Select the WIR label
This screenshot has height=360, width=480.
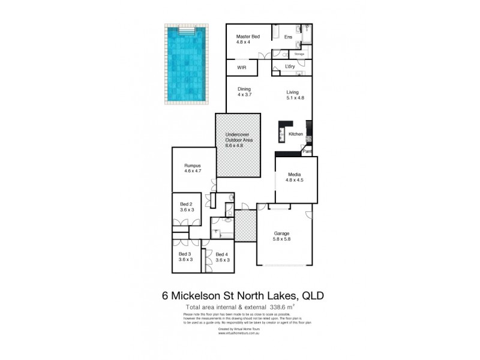[242, 68]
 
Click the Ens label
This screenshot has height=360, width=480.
[288, 37]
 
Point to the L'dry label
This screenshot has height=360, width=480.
[290, 66]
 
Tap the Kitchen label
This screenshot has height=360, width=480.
[296, 134]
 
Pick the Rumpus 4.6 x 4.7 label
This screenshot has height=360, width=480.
[192, 168]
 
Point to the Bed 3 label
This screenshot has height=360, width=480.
[186, 257]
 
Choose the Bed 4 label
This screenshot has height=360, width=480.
[222, 257]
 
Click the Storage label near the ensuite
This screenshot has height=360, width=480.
[299, 55]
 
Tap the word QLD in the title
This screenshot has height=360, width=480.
[312, 295]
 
